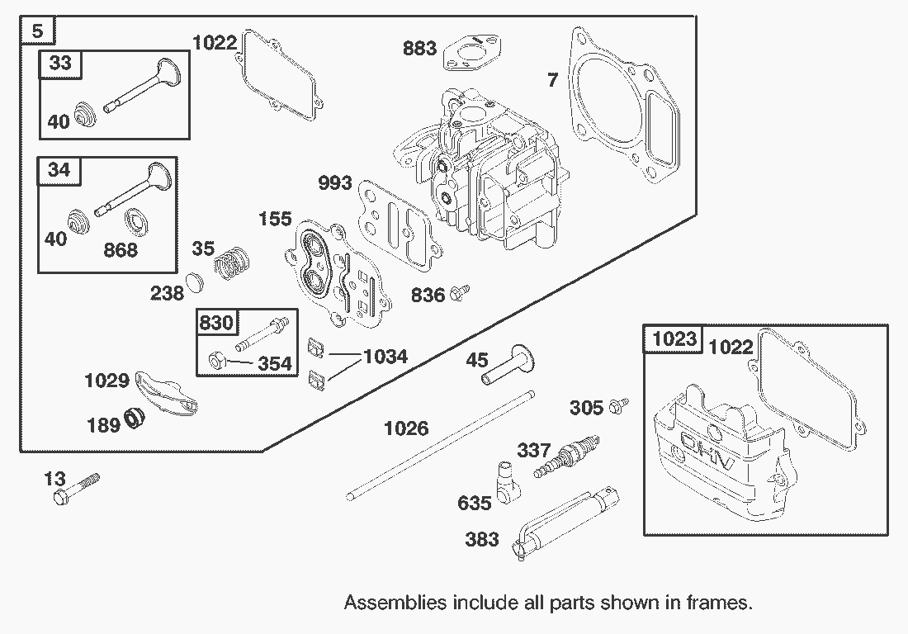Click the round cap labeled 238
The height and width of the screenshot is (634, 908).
(194, 282)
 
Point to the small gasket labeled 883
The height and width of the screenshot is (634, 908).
(468, 53)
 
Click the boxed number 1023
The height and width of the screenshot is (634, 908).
(674, 338)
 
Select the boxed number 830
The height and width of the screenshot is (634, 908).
(216, 323)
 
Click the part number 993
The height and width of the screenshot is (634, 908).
(334, 182)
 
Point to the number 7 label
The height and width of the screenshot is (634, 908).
(552, 79)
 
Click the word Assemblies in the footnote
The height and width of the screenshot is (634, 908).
(395, 602)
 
